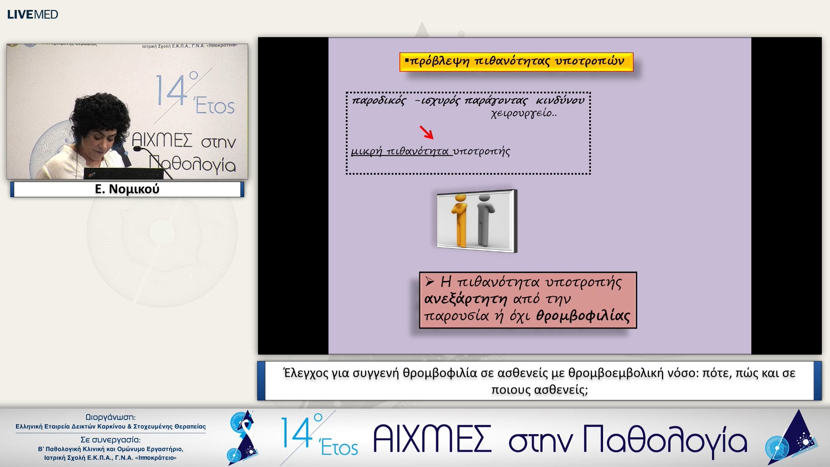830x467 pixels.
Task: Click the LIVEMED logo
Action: point(32,14)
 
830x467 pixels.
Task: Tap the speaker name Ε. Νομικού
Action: point(127,189)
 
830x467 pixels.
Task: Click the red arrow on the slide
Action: point(426,132)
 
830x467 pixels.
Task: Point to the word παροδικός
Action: point(379,101)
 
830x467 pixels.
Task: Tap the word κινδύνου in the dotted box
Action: point(560,101)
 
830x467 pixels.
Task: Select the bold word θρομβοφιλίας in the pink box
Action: point(583,316)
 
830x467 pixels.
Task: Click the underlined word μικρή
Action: point(367,151)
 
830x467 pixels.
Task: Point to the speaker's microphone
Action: point(137,149)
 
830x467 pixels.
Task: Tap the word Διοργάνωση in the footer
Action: point(111,417)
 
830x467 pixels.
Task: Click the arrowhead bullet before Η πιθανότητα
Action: point(429,282)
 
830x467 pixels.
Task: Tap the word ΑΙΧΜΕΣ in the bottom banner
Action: point(432,439)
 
